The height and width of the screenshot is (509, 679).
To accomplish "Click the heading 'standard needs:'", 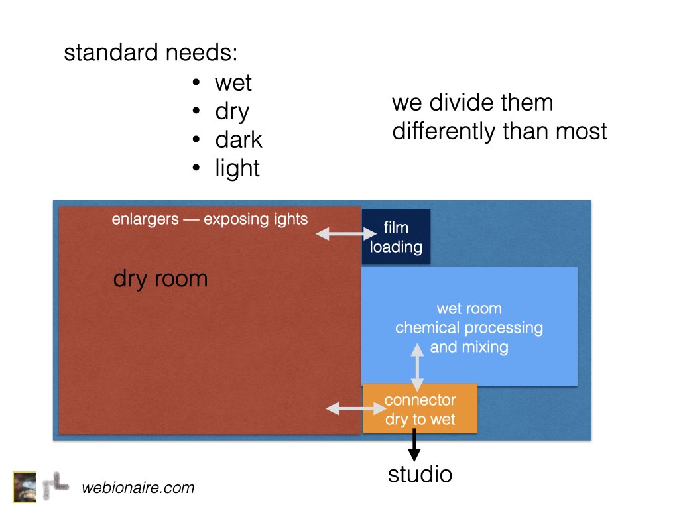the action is [x=151, y=53].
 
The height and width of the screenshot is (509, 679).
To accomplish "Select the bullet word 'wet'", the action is [x=233, y=83].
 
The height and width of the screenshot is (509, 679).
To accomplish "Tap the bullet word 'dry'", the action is [x=233, y=112].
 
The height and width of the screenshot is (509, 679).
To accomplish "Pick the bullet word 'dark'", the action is [x=239, y=139].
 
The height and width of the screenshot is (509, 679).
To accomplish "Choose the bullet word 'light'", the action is [x=237, y=168].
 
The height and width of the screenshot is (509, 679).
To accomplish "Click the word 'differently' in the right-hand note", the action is [x=444, y=132].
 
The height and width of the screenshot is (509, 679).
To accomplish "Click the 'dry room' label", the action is [x=160, y=279].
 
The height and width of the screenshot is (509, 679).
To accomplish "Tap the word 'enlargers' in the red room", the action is [x=145, y=219].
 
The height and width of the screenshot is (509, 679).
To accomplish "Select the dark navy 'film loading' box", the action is [x=397, y=237].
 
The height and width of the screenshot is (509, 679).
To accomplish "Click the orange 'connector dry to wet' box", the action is [x=420, y=408].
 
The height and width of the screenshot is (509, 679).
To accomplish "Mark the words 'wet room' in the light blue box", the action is [x=469, y=309].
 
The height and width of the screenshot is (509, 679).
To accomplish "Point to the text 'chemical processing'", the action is [x=469, y=328].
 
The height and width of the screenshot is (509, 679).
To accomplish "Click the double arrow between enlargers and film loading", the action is [x=346, y=234].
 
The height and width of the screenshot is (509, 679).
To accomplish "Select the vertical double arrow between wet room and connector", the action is [x=417, y=367].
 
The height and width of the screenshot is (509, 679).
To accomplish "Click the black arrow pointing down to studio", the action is [x=414, y=445].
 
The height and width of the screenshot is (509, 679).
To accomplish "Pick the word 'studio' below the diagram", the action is [x=420, y=475].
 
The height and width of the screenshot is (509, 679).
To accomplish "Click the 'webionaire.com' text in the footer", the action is [x=138, y=488].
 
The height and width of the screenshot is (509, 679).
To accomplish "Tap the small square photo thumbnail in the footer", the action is [x=25, y=487].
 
